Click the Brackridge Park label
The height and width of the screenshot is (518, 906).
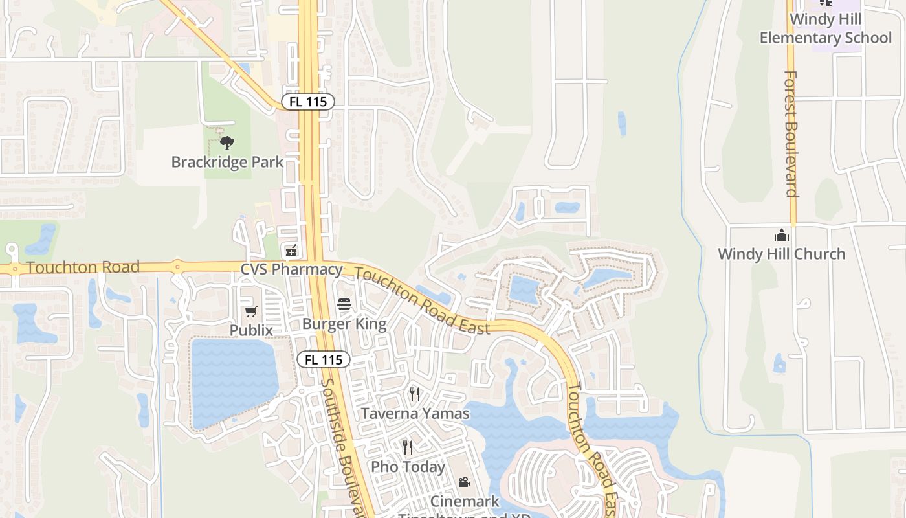point(227,162)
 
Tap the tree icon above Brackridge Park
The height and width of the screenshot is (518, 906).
point(227,142)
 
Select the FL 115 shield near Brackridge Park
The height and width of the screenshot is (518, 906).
point(308,102)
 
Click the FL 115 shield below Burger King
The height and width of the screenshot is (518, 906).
point(324,360)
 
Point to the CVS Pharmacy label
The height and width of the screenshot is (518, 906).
point(291,269)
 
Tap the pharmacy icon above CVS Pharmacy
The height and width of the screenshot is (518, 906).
point(291,250)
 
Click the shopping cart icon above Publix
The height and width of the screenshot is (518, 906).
point(251,312)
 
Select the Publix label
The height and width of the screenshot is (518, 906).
point(251,330)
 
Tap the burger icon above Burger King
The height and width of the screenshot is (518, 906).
point(344,304)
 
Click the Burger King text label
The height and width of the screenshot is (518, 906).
point(344,324)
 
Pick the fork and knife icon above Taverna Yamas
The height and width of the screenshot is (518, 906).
point(415,394)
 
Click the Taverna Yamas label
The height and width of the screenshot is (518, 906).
point(415,413)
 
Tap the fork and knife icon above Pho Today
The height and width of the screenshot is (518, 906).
point(408,447)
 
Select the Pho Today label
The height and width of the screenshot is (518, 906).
point(408,467)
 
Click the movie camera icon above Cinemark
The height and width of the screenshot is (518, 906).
point(464,482)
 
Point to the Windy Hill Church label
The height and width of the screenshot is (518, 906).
point(781,254)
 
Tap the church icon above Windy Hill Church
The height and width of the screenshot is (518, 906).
point(782,234)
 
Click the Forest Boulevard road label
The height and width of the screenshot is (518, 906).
point(791,133)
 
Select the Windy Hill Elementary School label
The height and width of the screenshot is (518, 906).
point(825,28)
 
